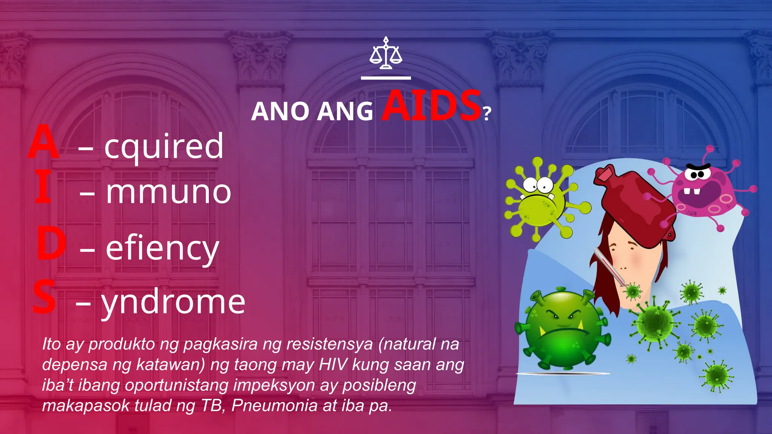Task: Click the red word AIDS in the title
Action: tap(431, 106)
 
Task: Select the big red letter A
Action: tap(44, 142)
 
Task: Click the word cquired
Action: tap(164, 147)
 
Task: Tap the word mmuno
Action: tap(168, 192)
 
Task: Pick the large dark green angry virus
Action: tap(562, 328)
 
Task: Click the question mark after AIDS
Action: tap(487, 113)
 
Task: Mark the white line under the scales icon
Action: tap(386, 78)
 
